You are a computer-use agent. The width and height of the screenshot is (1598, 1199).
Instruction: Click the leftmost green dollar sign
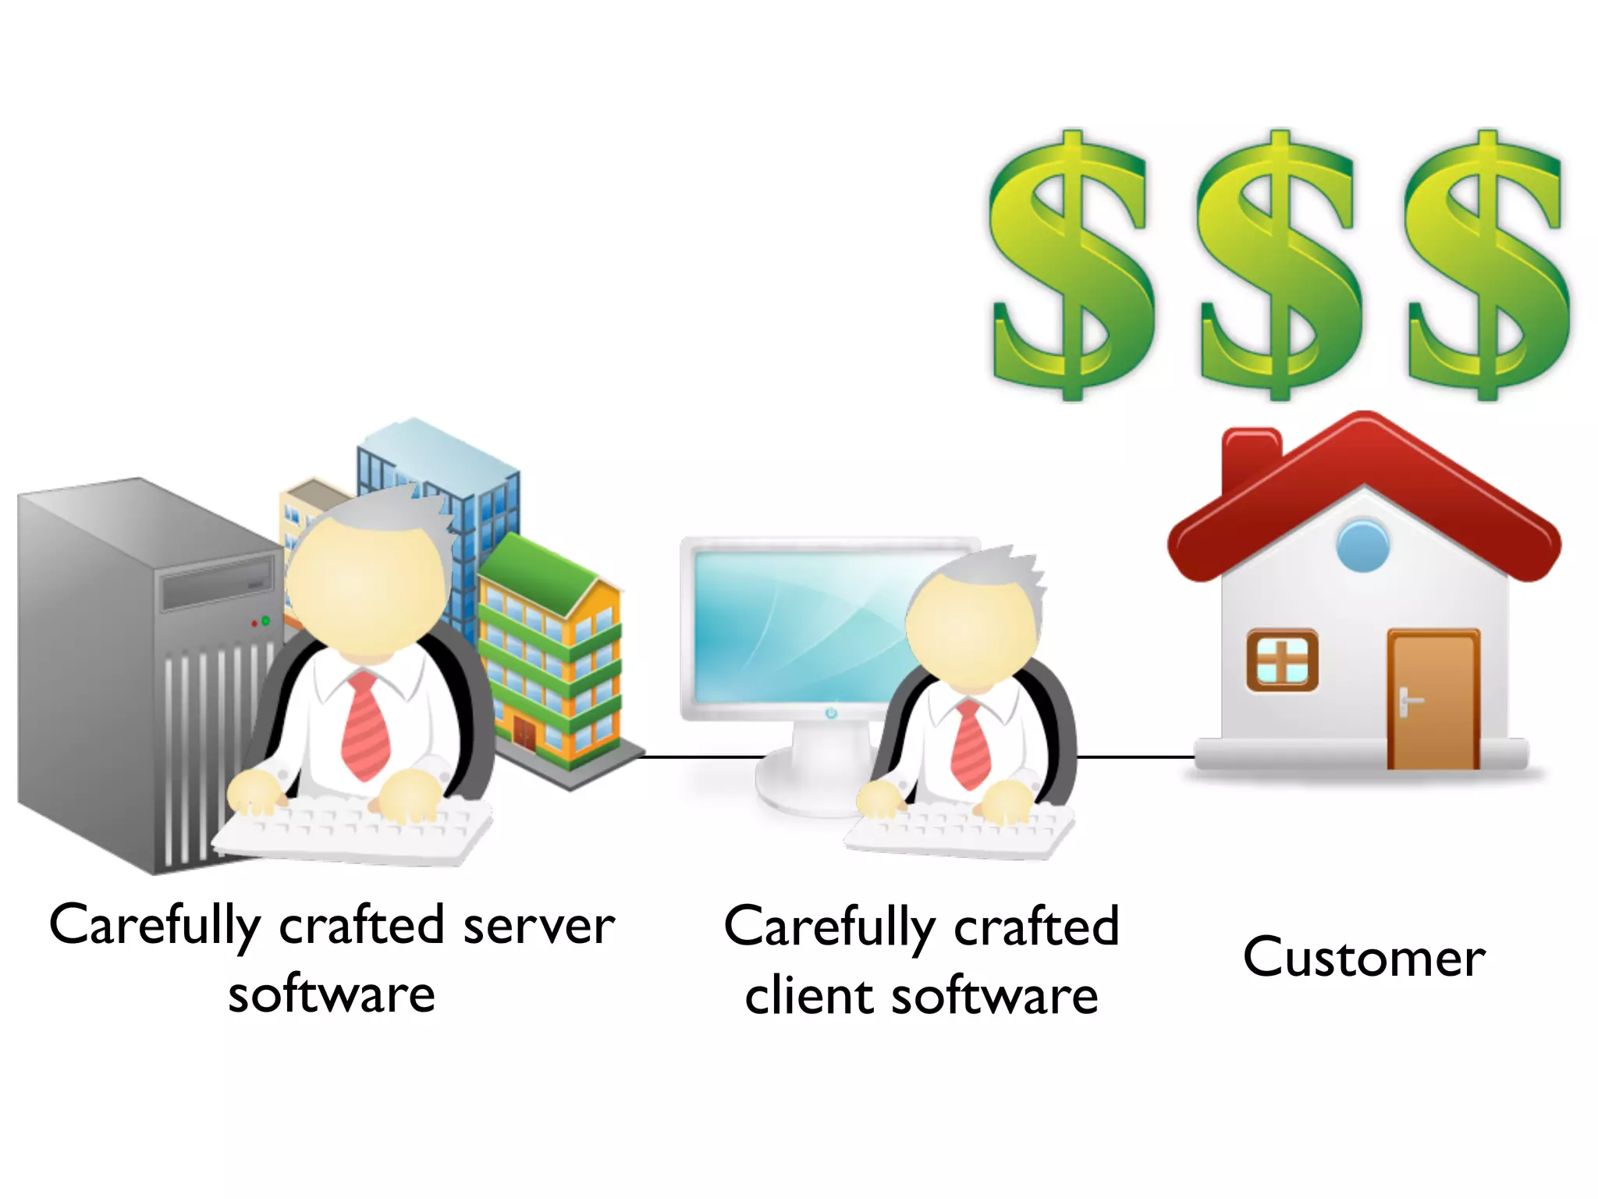(1071, 265)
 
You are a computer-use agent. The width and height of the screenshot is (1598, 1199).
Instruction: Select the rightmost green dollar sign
(1486, 265)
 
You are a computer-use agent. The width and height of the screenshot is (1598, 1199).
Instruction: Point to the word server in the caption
(538, 927)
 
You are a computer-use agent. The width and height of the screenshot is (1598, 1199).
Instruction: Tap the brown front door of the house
(1433, 699)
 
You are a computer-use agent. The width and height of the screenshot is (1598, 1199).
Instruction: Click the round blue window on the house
(1362, 546)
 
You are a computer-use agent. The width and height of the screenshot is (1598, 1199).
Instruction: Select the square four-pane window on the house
(1282, 660)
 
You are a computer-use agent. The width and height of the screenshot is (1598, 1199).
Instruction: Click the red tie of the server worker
(365, 726)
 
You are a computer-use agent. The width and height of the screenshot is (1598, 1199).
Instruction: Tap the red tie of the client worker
(971, 745)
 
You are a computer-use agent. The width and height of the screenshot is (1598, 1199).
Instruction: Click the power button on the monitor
(830, 713)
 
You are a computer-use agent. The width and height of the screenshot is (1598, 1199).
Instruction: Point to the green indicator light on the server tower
(265, 621)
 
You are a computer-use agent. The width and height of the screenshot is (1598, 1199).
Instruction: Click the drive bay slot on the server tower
(217, 585)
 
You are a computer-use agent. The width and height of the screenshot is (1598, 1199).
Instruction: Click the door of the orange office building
(524, 734)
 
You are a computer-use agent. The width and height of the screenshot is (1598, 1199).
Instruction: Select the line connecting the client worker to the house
(1135, 756)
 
